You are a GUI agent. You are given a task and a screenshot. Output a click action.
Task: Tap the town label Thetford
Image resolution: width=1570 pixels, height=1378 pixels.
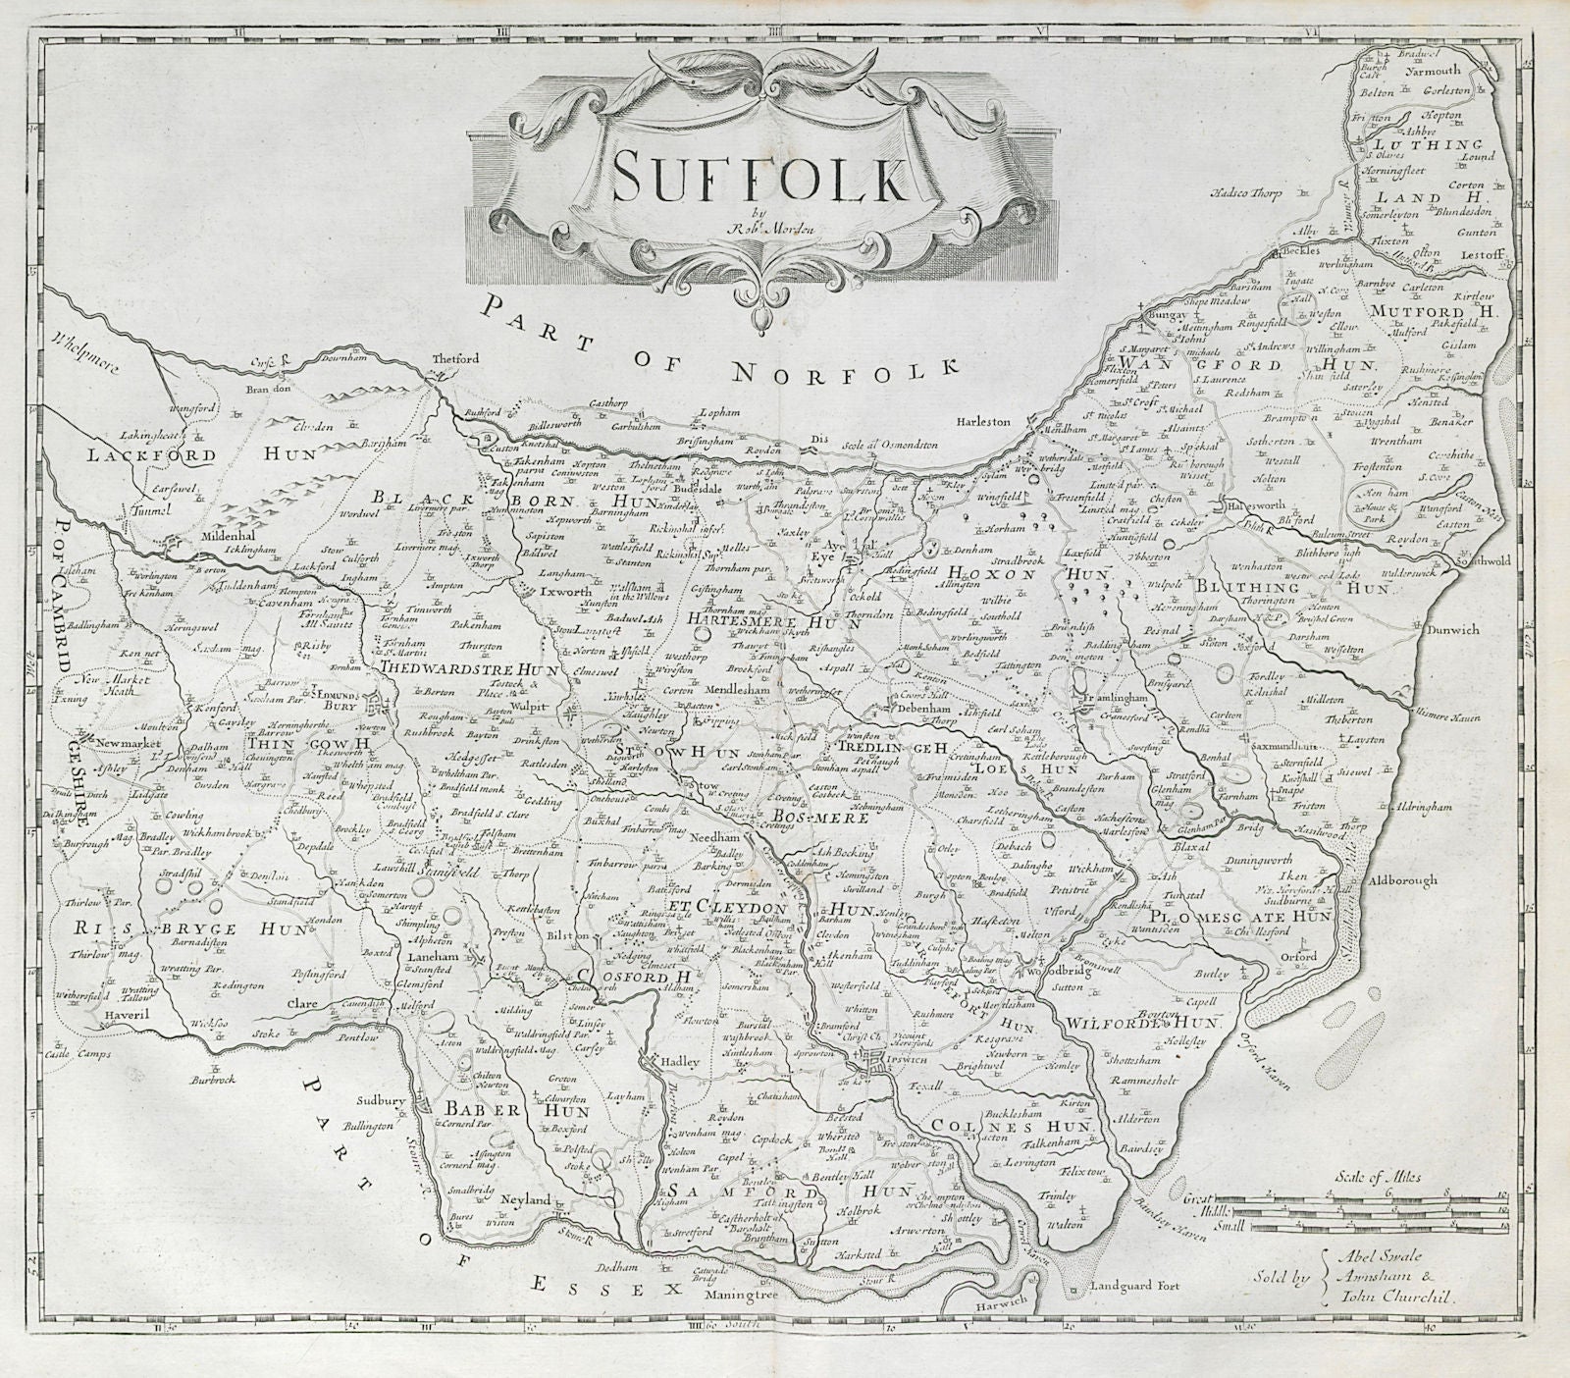pyautogui.click(x=456, y=360)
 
